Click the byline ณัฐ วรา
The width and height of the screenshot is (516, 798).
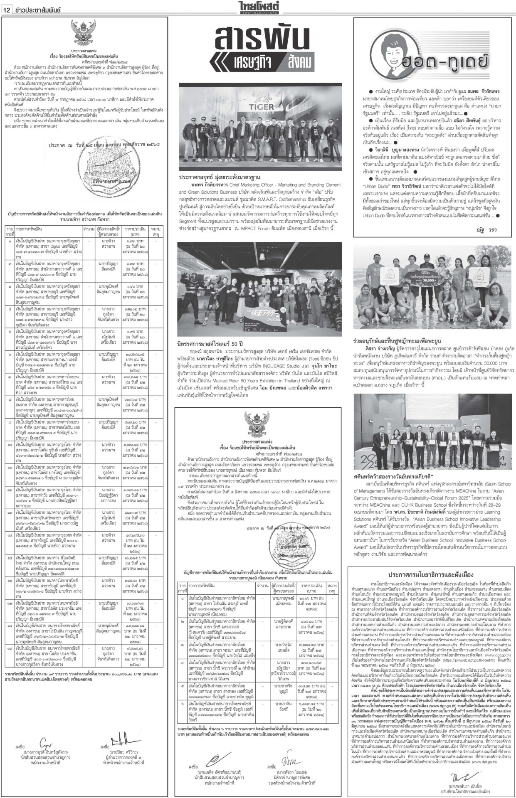484,229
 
